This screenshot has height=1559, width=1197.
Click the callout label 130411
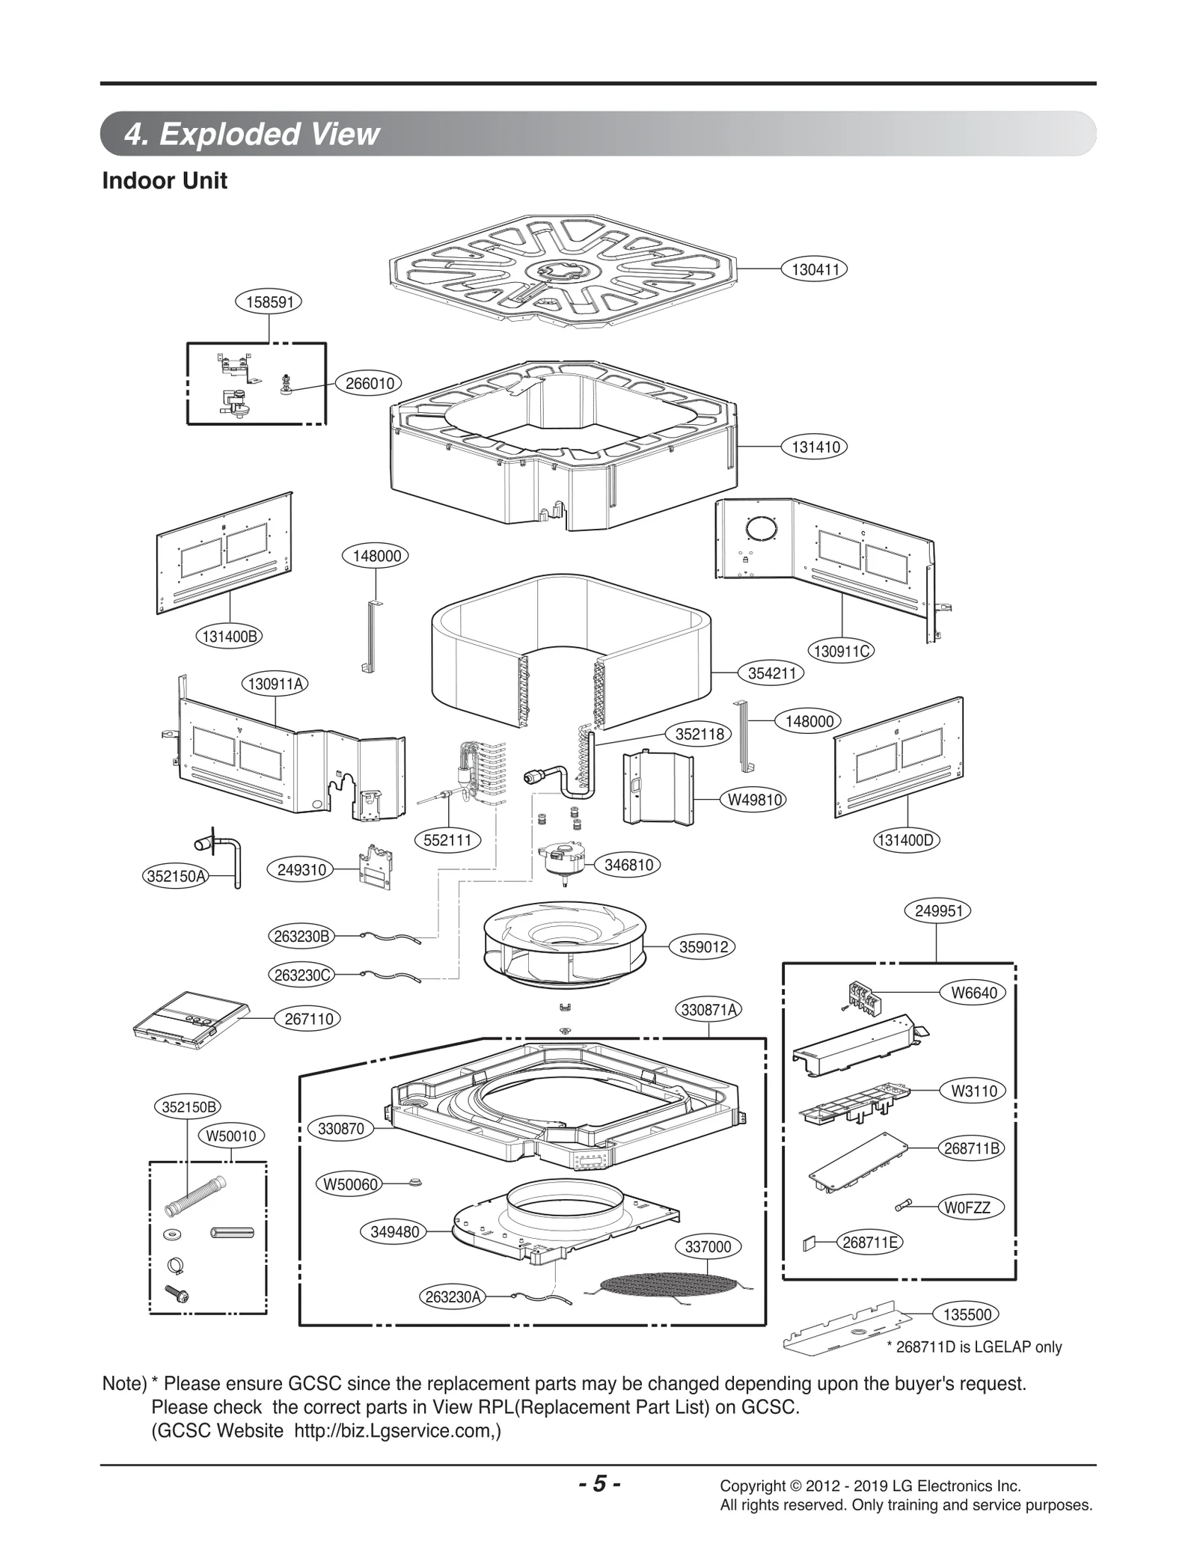point(815,269)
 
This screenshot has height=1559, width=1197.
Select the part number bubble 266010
point(370,384)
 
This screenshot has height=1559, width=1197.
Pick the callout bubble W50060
point(350,1184)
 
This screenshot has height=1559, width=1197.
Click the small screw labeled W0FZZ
point(904,1206)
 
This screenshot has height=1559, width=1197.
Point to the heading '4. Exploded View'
point(252,135)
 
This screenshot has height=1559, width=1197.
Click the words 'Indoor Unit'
point(165,181)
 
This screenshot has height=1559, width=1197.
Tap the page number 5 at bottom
point(599,1484)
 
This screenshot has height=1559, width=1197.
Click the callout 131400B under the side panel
point(230,637)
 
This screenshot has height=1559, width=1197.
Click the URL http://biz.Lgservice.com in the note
point(395,1430)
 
